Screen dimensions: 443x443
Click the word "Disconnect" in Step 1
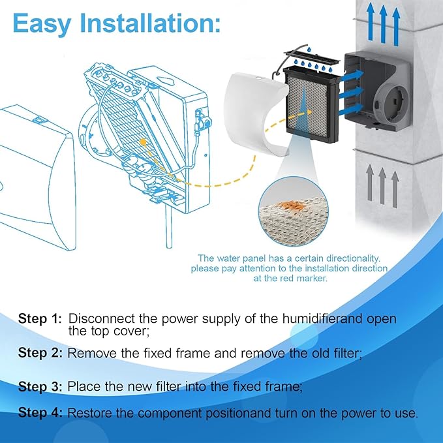(100, 319)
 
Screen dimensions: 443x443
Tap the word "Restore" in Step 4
(90, 413)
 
